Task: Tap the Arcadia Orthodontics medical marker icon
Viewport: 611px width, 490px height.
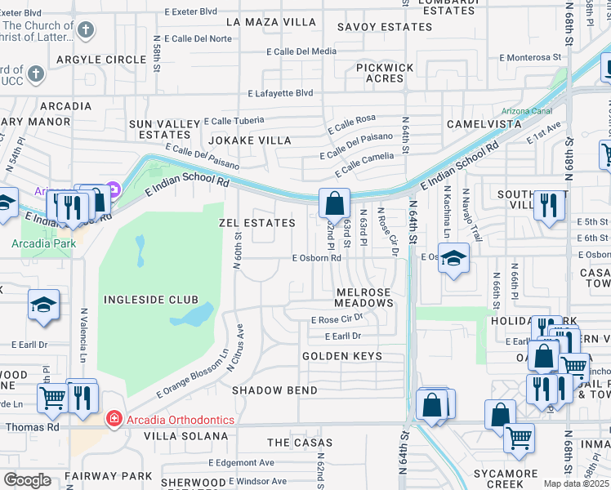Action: [x=114, y=420]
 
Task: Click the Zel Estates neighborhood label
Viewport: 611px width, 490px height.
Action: [x=257, y=223]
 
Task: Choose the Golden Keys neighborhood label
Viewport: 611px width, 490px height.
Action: [x=342, y=356]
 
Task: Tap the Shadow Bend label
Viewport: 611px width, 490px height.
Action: [x=274, y=390]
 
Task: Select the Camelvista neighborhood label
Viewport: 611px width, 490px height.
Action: [x=484, y=124]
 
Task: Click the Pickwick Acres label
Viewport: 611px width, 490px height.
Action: [x=385, y=73]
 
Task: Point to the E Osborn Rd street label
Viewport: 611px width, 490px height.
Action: [x=317, y=258]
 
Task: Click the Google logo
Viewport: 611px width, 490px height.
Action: [x=27, y=480]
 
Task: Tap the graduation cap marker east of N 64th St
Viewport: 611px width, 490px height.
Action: [x=453, y=258]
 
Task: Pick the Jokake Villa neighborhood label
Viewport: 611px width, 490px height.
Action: [x=252, y=140]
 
